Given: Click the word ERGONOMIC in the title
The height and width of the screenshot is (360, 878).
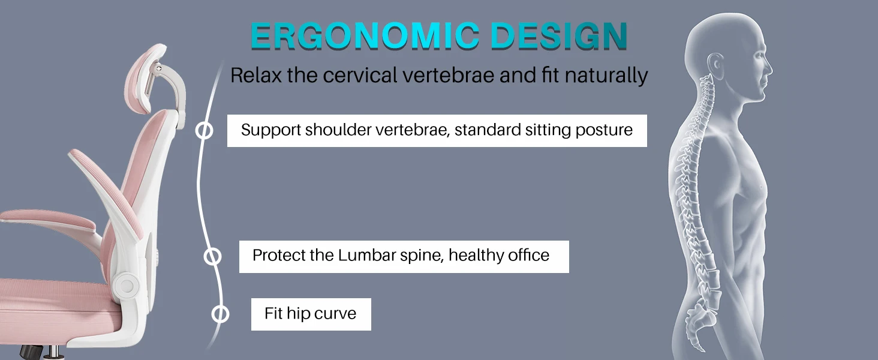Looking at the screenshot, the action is point(365,36).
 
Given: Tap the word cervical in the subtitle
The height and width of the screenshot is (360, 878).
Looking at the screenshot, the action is point(360,75).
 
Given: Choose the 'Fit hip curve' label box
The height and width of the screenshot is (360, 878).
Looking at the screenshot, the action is point(311,314).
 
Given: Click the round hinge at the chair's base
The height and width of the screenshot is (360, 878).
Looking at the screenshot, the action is point(126,285).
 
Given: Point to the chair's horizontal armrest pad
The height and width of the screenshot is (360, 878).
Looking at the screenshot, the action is point(48,220).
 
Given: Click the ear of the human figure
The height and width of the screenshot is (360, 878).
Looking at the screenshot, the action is point(715,65).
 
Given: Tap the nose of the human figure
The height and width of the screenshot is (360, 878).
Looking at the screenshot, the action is point(769,71).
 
